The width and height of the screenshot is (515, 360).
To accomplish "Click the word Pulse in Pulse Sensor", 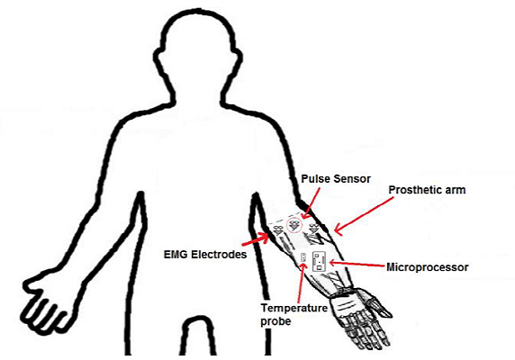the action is click(316, 179).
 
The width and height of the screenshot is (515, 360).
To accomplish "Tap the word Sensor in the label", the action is click(352, 179).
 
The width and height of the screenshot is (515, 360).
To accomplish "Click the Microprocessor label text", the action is click(428, 267).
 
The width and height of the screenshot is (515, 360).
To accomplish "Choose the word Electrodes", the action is click(219, 255).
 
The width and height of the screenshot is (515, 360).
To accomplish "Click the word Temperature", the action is click(294, 308).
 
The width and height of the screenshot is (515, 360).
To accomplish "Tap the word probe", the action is click(276, 321).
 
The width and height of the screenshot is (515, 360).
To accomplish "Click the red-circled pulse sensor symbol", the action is click(294, 225).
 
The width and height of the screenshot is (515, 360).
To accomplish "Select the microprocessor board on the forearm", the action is click(319, 261).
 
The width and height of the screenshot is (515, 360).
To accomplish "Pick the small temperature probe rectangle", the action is click(303, 257).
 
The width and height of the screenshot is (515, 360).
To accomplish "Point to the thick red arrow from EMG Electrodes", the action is click(256, 239).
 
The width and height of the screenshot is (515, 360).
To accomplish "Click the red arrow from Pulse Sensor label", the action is click(311, 202).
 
